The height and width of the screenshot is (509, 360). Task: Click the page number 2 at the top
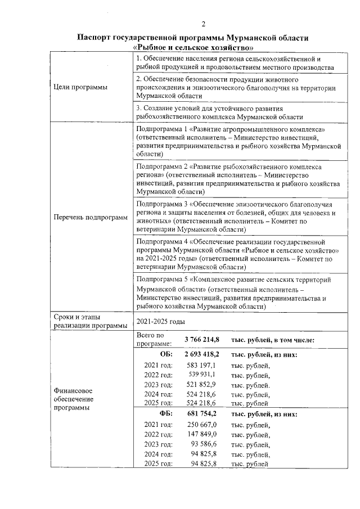coord(204,23)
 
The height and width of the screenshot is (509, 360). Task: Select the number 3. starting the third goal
coord(139,108)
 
